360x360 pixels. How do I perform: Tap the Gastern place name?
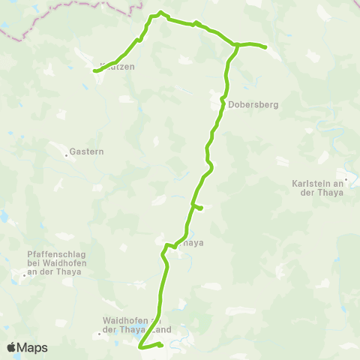88,151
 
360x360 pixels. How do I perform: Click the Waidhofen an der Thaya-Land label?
136,324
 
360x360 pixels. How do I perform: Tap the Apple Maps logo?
27,347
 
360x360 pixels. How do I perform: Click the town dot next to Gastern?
67,156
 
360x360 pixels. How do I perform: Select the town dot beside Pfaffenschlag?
24,274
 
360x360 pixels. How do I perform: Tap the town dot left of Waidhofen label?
98,334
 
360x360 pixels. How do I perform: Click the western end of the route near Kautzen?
94,71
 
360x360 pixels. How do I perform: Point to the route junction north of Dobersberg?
238,46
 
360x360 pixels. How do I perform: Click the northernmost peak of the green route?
160,13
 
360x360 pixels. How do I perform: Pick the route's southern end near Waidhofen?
140,347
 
